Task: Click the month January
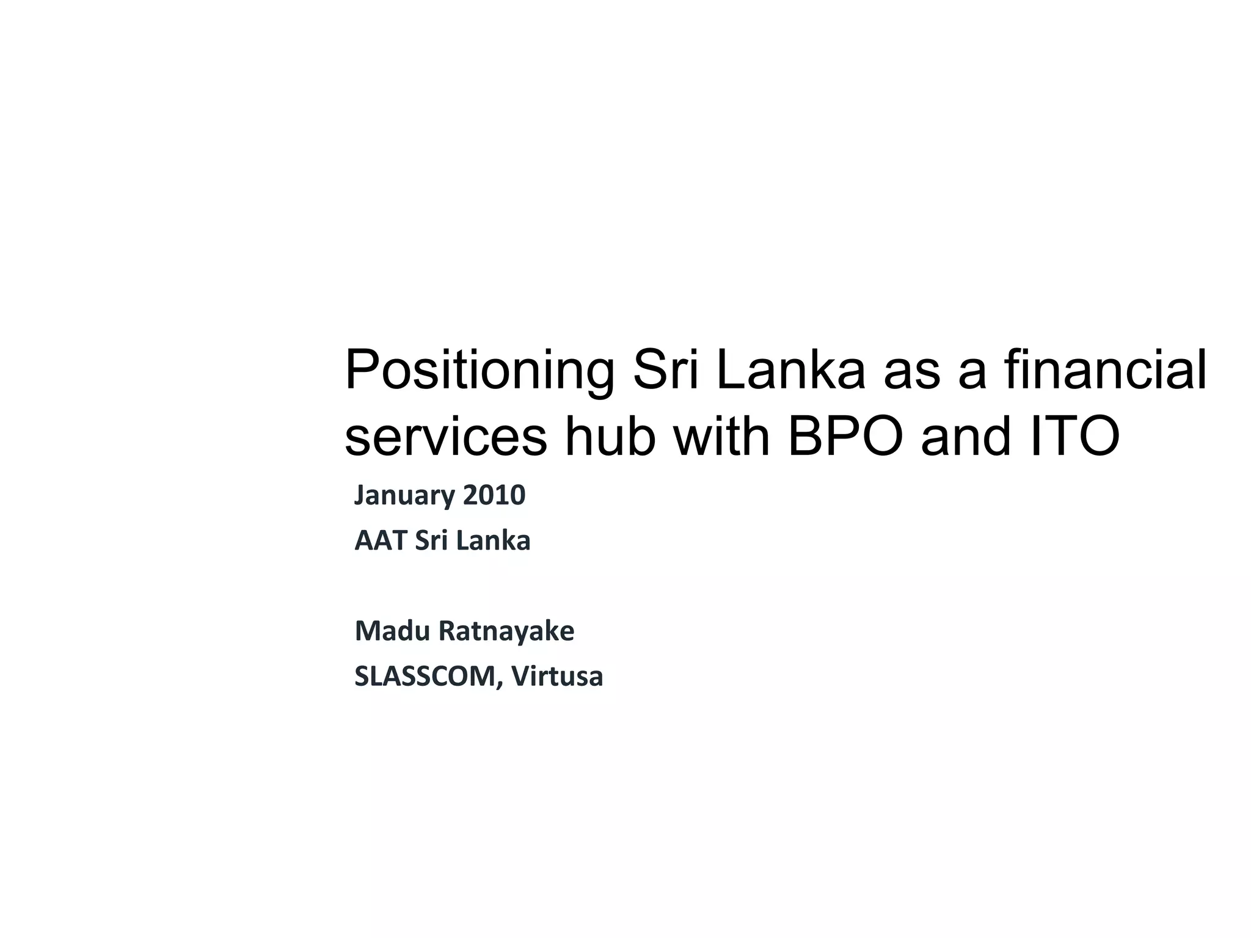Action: pyautogui.click(x=404, y=495)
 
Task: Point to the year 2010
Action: pyautogui.click(x=494, y=495)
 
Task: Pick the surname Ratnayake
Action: pyautogui.click(x=506, y=631)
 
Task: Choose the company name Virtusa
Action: pyautogui.click(x=557, y=677)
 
